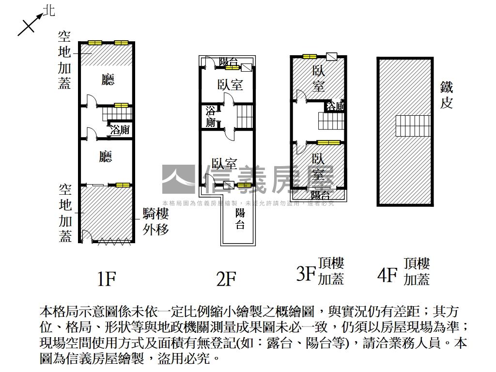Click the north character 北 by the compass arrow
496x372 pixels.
coord(49,11)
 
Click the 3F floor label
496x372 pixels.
coord(306,275)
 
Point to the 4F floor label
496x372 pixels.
coord(387,275)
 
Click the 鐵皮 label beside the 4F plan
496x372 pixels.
coord(446,95)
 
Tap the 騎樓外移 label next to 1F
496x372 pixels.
coord(155,221)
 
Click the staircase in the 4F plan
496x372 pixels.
coord(413,126)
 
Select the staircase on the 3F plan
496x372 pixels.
coord(330,120)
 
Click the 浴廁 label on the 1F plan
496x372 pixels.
coord(120,130)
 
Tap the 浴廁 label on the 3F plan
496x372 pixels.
coord(336,106)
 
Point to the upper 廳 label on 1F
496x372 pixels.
coord(108,79)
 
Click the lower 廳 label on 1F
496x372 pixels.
coord(106,156)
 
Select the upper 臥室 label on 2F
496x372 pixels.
coord(230,85)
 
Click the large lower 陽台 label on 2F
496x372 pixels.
coord(240,218)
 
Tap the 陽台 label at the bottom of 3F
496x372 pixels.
coord(320,195)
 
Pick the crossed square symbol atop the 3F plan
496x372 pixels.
coord(331,56)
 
